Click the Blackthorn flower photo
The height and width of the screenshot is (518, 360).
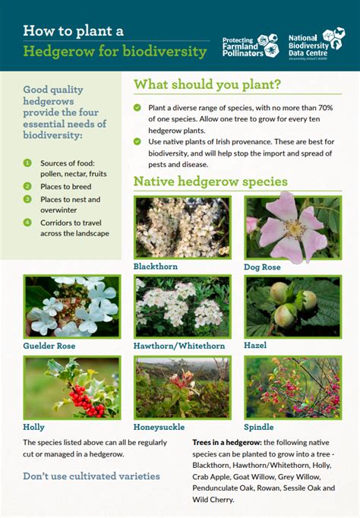pyautogui.click(x=182, y=227)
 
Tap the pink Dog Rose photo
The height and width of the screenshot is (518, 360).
pyautogui.click(x=292, y=227)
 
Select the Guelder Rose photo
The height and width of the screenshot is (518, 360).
pyautogui.click(x=71, y=306)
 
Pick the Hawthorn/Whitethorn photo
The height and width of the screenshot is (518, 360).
pyautogui.click(x=182, y=306)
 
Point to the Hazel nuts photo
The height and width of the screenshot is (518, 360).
pyautogui.click(x=292, y=306)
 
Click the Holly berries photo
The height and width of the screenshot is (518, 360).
pyautogui.click(x=71, y=387)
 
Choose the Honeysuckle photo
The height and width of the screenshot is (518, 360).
pyautogui.click(x=182, y=387)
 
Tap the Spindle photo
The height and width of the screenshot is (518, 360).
pyautogui.click(x=292, y=387)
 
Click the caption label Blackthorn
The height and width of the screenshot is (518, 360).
pyautogui.click(x=156, y=267)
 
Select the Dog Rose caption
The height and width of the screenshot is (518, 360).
pyautogui.click(x=262, y=267)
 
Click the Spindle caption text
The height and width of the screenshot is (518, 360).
pyautogui.click(x=258, y=427)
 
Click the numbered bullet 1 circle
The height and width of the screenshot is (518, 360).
pyautogui.click(x=27, y=163)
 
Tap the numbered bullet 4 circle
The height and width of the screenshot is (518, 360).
pyautogui.click(x=27, y=223)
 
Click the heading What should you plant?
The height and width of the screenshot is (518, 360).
pyautogui.click(x=207, y=84)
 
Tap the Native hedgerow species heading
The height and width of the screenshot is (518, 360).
pyautogui.click(x=210, y=182)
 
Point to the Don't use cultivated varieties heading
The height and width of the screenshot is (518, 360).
pyautogui.click(x=91, y=476)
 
